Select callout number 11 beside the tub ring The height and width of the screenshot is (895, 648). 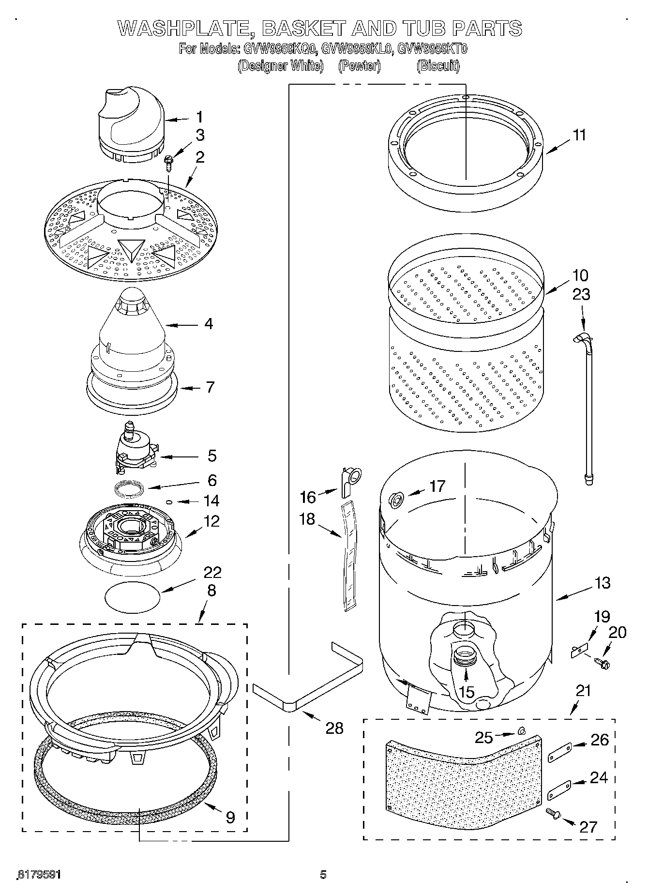pyautogui.click(x=579, y=135)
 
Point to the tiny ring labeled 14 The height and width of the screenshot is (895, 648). pyautogui.click(x=169, y=502)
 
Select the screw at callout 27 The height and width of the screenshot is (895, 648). pyautogui.click(x=553, y=814)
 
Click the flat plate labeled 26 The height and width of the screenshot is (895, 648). pyautogui.click(x=560, y=754)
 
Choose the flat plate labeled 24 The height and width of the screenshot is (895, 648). pyautogui.click(x=559, y=791)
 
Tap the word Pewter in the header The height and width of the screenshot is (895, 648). pyautogui.click(x=359, y=66)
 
